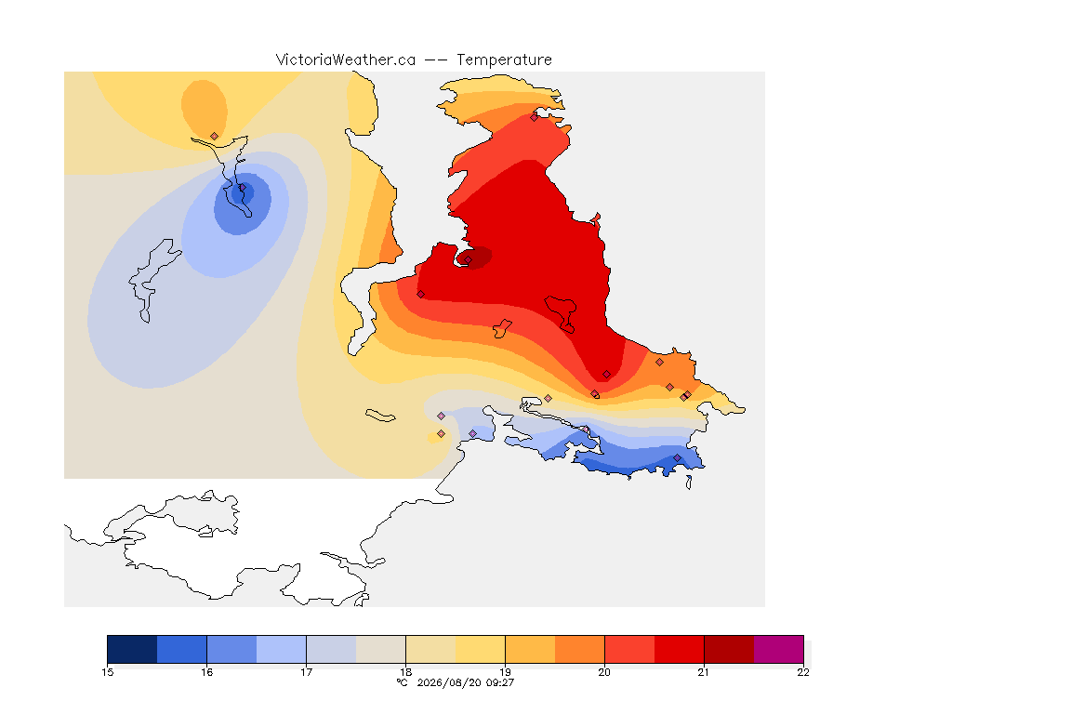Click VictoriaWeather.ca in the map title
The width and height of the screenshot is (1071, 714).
(346, 60)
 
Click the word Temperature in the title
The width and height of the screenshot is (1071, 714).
(504, 60)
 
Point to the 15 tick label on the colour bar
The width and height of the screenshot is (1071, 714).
(107, 672)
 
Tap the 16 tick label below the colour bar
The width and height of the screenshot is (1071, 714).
(206, 672)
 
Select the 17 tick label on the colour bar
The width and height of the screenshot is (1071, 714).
(306, 672)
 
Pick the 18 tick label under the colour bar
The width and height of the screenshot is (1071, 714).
(405, 672)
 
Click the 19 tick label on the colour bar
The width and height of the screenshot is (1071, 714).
(505, 672)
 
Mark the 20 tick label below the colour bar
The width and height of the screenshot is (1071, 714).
(604, 672)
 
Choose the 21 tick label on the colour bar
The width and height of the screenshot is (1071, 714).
(704, 672)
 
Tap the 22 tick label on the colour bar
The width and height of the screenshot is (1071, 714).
(803, 672)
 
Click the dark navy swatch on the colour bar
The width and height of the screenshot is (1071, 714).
(132, 649)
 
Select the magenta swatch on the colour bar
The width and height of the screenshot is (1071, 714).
(779, 649)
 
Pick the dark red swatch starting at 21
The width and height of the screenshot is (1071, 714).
(729, 649)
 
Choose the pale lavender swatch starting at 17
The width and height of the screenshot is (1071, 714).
(331, 649)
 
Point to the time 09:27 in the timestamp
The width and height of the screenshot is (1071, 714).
(499, 682)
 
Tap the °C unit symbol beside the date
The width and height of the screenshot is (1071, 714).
(403, 682)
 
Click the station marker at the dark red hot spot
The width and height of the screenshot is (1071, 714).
(468, 259)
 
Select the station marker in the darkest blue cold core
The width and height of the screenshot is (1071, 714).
(242, 188)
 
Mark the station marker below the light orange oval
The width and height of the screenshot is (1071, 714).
(215, 137)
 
